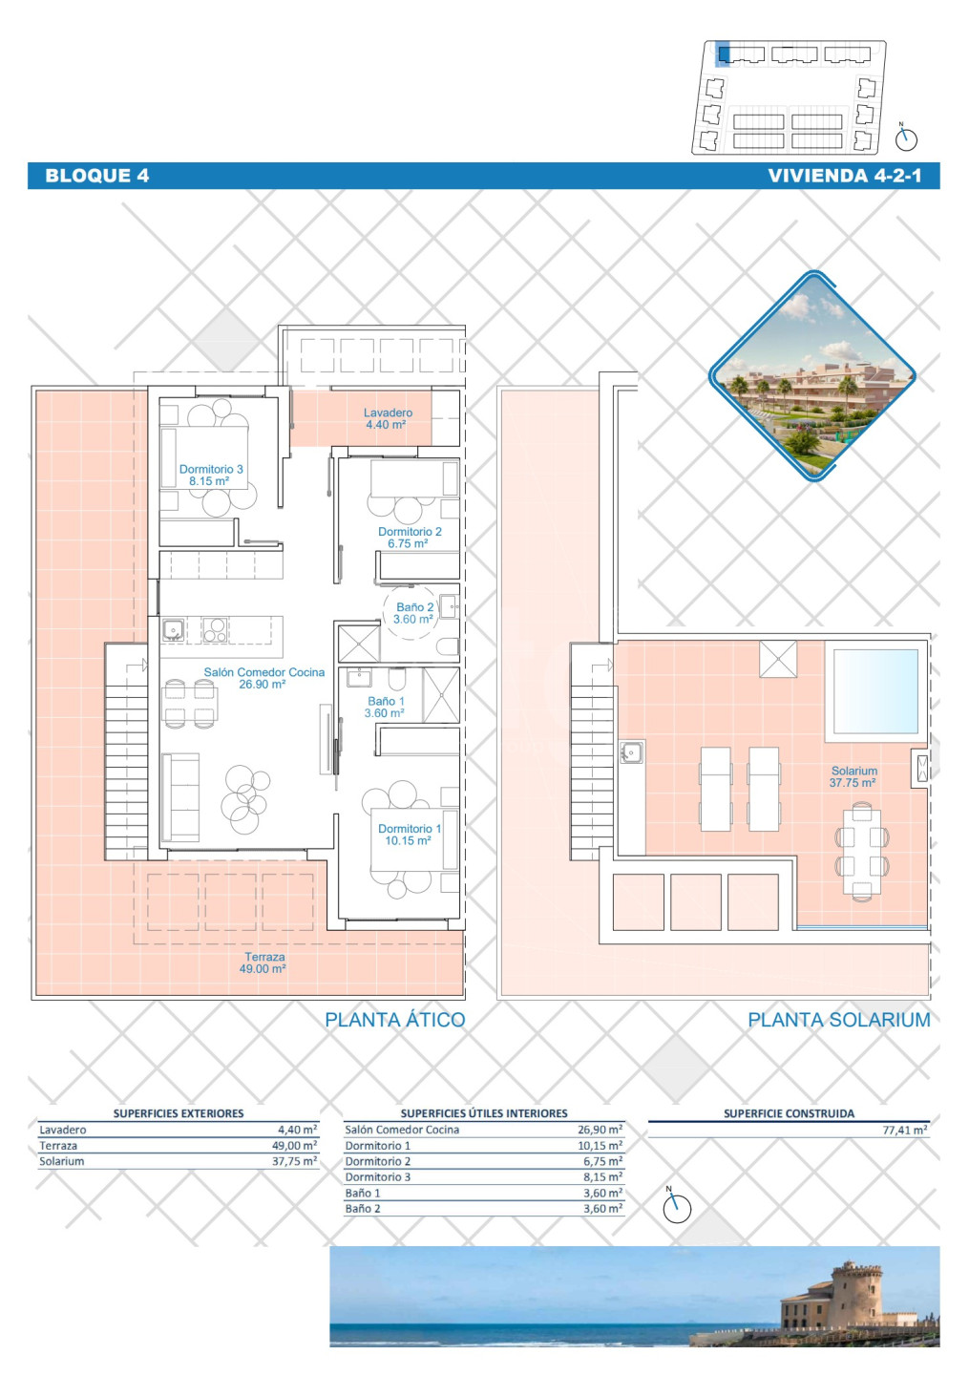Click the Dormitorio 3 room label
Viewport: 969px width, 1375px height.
click(210, 476)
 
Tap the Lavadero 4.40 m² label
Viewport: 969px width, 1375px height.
click(388, 418)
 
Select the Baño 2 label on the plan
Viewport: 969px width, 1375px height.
click(414, 613)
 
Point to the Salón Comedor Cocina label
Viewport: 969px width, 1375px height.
click(263, 678)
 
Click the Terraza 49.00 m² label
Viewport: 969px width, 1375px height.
click(263, 962)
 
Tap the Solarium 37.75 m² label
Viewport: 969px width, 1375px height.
click(853, 776)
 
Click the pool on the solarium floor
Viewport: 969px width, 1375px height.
click(875, 691)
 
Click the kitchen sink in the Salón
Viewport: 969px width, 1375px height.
click(174, 630)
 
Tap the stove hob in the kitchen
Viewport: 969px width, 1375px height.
click(215, 630)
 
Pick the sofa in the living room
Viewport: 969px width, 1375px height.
click(179, 797)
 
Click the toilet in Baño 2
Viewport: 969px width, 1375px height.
click(450, 647)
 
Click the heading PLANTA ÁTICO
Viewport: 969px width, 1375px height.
click(394, 1020)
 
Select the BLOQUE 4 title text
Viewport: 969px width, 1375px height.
click(97, 176)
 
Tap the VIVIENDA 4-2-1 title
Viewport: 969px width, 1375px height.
click(845, 176)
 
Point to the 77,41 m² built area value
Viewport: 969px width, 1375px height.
click(905, 1131)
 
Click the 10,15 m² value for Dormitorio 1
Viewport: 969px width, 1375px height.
click(600, 1146)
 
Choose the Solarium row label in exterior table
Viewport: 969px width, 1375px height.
click(61, 1161)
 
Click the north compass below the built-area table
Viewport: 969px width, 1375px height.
click(677, 1207)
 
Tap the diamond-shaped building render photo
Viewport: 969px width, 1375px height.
click(812, 375)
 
